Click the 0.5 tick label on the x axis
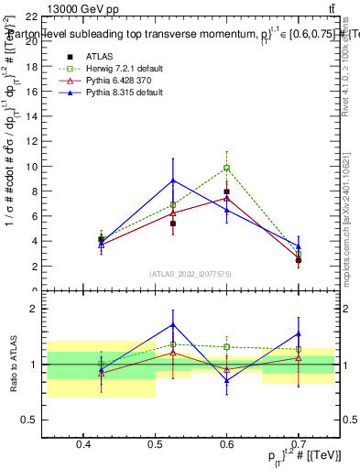pyautogui.click(x=155, y=445)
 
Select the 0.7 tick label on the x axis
pyautogui.click(x=298, y=445)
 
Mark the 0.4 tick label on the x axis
pyautogui.click(x=83, y=445)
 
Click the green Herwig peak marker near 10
pyautogui.click(x=226, y=169)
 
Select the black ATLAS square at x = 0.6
pyautogui.click(x=226, y=192)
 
